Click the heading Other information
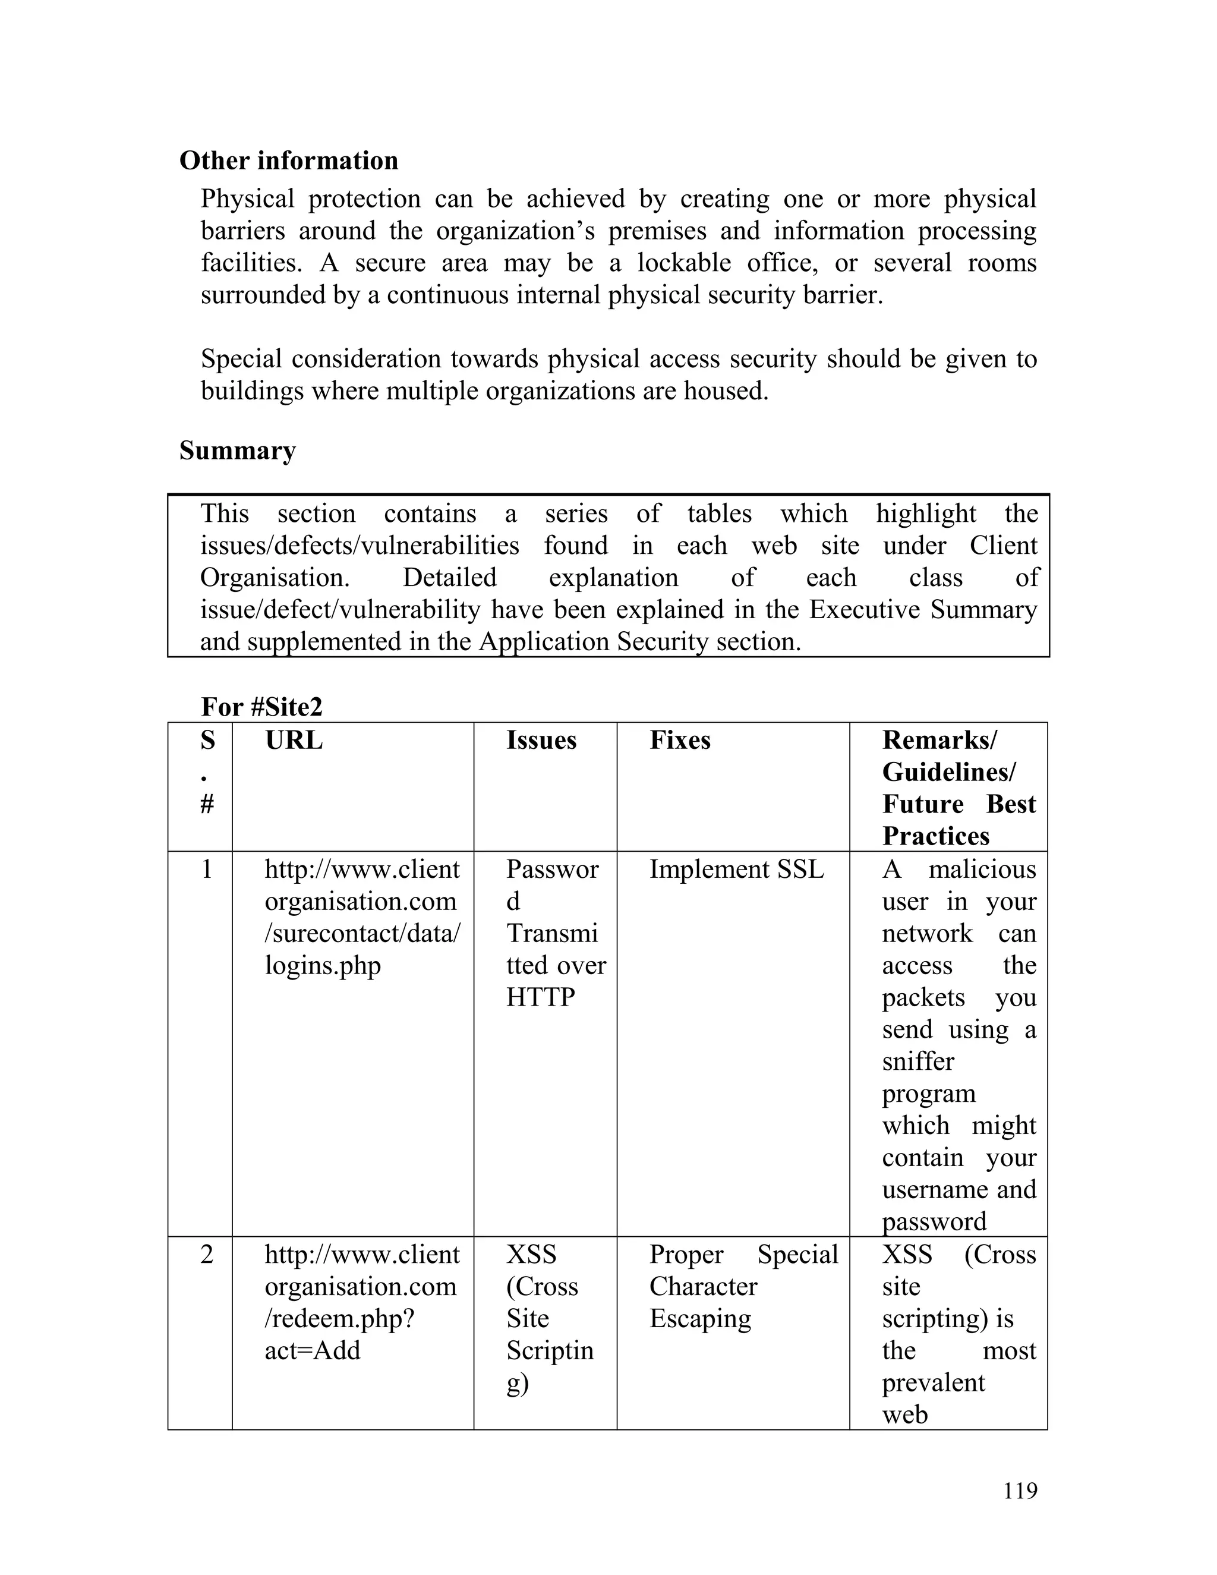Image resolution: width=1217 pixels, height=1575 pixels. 288,160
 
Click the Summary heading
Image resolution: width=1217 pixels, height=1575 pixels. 237,451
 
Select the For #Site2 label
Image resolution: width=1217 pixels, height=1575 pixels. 261,707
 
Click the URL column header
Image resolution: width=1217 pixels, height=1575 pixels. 294,740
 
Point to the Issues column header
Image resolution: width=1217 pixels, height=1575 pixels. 541,740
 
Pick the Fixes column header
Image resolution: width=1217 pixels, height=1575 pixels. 679,740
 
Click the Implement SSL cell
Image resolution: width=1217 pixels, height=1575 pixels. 736,869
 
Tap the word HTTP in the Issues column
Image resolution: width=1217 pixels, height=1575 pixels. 540,997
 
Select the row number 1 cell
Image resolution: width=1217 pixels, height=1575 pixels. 207,869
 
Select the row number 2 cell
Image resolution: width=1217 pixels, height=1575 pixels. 207,1254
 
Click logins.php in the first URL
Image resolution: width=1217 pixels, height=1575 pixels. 322,966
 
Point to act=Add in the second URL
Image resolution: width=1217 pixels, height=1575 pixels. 312,1350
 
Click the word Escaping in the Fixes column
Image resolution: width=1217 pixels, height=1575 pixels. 700,1318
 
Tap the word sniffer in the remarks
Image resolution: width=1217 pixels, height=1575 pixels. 918,1061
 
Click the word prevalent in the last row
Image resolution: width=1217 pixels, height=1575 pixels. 933,1382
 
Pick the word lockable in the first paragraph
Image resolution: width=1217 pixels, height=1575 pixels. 683,263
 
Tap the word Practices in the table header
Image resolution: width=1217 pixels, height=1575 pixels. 935,836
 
